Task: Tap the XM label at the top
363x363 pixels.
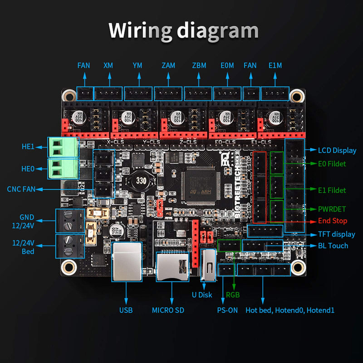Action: [108, 65]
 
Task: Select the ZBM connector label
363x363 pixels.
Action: [198, 65]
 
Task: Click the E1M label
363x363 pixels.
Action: [275, 65]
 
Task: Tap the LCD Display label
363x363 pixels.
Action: [337, 150]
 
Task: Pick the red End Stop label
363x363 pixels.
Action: [333, 221]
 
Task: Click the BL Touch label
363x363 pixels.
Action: [333, 245]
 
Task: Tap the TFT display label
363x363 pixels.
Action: [337, 234]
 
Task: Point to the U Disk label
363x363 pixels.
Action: [202, 294]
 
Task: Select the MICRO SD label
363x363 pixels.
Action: [171, 310]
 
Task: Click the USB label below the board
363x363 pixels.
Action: [126, 310]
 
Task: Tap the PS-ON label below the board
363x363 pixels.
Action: [227, 310]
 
